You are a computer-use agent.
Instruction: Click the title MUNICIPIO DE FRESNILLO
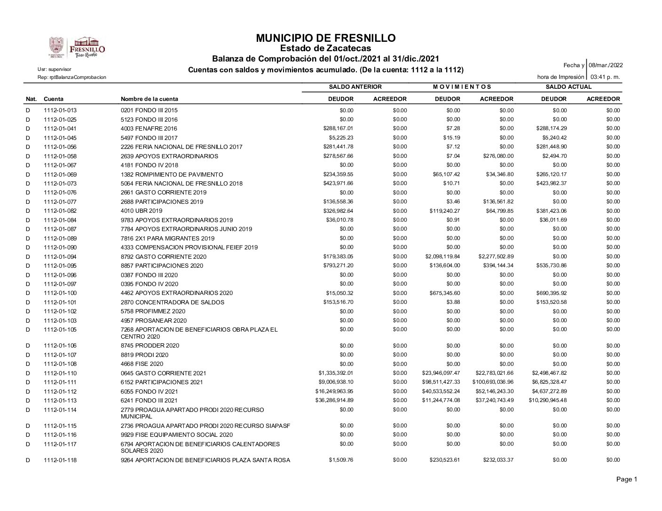pos(326,38)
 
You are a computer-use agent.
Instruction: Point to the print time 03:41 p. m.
pos(605,77)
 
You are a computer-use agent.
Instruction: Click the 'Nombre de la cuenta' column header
pos(150,99)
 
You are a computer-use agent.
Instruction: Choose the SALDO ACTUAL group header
pos(568,87)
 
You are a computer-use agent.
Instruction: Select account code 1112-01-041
pos(60,128)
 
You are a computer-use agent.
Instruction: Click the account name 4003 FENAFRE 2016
pos(149,128)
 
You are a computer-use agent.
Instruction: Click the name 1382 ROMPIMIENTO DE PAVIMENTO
pos(172,174)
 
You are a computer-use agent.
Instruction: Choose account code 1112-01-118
pos(60,460)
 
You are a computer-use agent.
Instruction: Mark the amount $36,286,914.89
pos(334,400)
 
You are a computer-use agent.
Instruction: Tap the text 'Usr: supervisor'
pos(55,70)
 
